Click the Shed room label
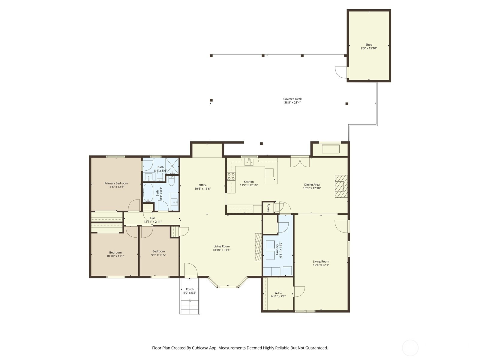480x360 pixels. click(x=369, y=45)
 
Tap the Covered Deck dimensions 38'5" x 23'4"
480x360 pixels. click(x=292, y=103)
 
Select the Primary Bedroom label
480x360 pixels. click(x=116, y=183)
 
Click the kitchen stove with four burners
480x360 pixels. click(x=231, y=176)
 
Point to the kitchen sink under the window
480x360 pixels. click(x=249, y=162)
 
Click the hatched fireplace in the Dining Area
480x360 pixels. click(x=341, y=186)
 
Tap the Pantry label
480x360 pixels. click(x=268, y=208)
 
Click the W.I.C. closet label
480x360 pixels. click(x=278, y=293)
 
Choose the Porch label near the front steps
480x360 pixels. click(x=190, y=289)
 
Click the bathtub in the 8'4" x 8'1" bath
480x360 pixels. click(x=148, y=193)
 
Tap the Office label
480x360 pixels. click(x=202, y=185)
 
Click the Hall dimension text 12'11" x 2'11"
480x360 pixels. click(x=153, y=222)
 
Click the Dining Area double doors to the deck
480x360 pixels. click(x=300, y=162)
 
